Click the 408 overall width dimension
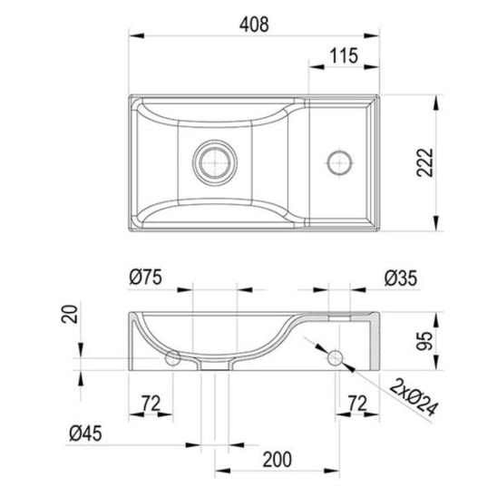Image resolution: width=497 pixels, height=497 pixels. coord(254,24)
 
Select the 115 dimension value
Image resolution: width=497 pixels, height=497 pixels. coord(344,56)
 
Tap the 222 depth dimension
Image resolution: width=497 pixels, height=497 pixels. coord(424,162)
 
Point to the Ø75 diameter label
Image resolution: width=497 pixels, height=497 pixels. coord(145,277)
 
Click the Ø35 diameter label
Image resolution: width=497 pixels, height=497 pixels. coord(401,278)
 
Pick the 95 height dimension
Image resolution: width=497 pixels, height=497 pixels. coord(424,341)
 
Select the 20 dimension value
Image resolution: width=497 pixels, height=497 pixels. coord(70,314)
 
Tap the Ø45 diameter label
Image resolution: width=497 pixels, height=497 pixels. coord(85,433)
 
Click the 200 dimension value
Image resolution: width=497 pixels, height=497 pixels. coord(277,460)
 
